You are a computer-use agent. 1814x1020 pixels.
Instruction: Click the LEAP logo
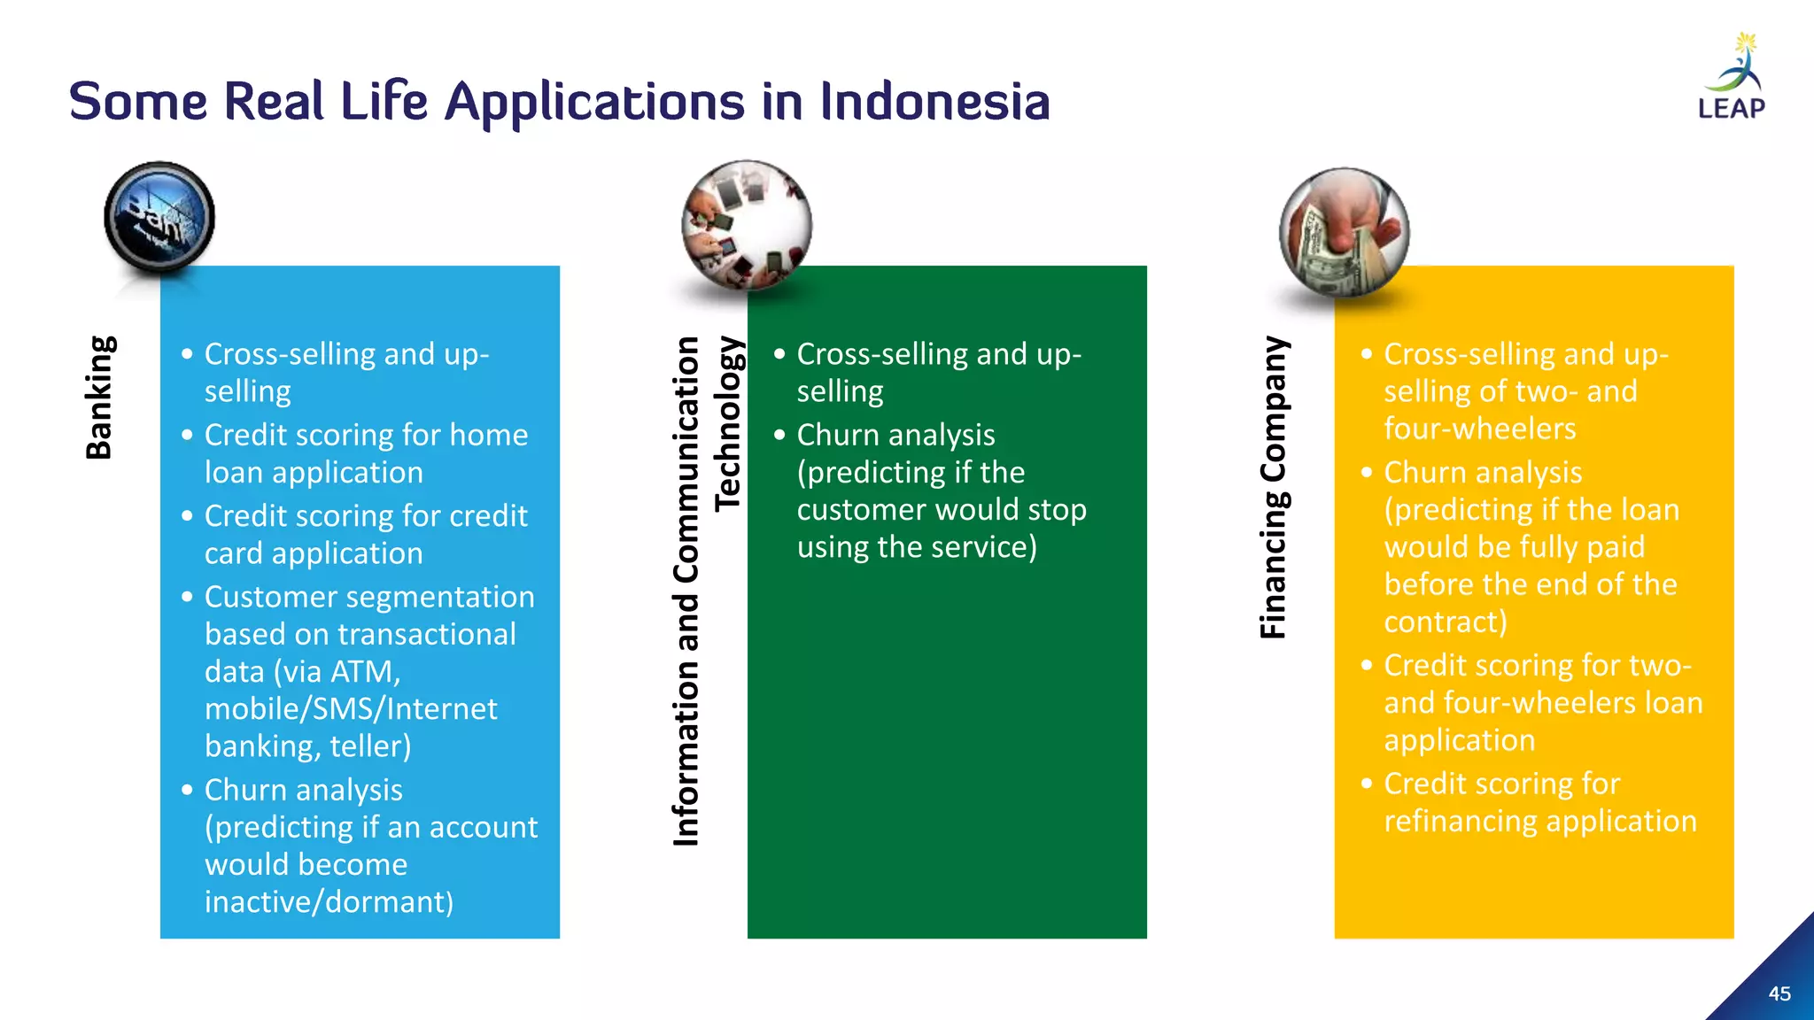point(1732,80)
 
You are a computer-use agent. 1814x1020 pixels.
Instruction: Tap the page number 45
point(1779,993)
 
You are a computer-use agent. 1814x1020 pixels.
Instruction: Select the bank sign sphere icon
point(159,217)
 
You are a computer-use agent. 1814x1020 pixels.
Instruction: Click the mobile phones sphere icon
point(746,226)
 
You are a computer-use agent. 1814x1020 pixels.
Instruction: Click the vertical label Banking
point(99,398)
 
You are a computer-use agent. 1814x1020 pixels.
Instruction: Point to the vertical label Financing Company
point(1274,487)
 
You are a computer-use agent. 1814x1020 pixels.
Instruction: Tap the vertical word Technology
point(727,423)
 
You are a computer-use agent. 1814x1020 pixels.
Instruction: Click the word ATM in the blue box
point(365,671)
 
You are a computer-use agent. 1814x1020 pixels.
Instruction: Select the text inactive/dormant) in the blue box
point(329,901)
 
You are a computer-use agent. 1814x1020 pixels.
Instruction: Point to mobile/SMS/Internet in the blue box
point(351,708)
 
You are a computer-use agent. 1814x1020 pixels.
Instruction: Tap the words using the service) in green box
point(917,546)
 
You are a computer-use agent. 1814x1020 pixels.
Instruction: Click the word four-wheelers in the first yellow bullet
point(1480,429)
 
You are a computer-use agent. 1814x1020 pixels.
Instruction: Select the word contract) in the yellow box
point(1446,622)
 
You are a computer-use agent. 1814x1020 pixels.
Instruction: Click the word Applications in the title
point(594,103)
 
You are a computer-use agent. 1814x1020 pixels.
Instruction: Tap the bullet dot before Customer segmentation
point(187,597)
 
